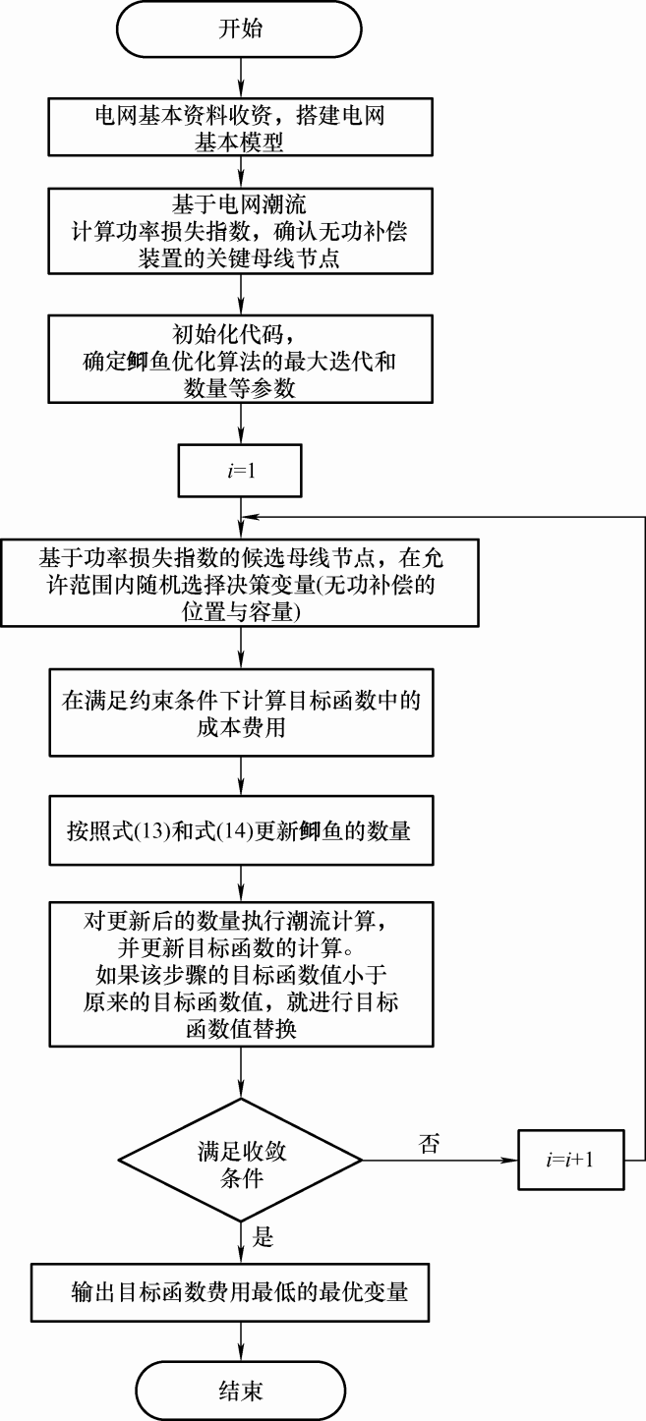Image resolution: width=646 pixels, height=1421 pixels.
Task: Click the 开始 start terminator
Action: point(240,29)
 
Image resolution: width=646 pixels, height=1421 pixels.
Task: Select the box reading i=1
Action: point(240,474)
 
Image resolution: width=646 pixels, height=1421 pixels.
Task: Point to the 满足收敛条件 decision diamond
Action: point(240,1160)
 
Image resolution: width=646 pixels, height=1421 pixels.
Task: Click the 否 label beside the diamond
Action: point(429,1142)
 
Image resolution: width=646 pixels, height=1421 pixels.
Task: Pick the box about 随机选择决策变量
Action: point(240,584)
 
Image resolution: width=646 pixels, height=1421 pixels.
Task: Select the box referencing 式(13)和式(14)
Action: point(240,830)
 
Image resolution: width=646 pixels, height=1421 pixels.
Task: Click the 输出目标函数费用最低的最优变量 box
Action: point(240,1290)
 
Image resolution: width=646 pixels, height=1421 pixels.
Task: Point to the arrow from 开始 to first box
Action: point(240,76)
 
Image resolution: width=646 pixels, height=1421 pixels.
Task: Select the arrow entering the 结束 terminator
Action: point(240,1338)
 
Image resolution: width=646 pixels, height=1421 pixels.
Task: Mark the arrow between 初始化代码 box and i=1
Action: point(240,426)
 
